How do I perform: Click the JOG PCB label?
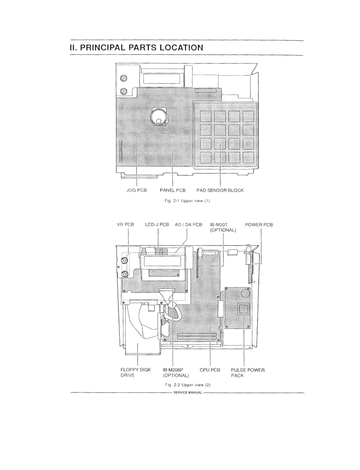136,190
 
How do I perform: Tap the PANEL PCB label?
173,190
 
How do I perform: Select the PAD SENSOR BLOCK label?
220,190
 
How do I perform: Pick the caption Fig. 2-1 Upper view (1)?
187,201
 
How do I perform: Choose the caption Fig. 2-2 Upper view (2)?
188,385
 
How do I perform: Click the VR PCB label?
126,225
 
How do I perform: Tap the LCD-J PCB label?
157,225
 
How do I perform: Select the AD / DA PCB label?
188,225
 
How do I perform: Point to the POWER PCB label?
259,225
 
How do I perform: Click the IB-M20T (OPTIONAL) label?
223,227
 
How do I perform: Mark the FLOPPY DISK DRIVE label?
135,373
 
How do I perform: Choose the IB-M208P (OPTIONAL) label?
176,373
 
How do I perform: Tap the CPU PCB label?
210,370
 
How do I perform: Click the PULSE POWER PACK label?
248,373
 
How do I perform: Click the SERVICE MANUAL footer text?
188,392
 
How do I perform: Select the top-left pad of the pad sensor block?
205,116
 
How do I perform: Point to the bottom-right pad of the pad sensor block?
248,157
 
